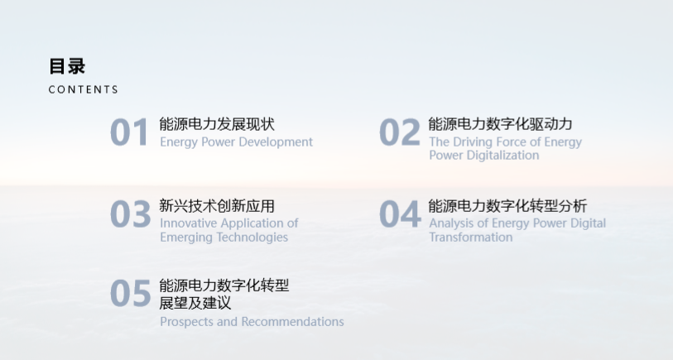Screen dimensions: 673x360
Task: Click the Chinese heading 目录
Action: (67, 66)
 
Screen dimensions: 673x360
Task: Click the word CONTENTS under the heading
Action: (84, 89)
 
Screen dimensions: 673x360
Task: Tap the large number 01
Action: (129, 132)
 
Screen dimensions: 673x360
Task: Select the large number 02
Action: (400, 132)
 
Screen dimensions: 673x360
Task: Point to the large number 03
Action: (131, 214)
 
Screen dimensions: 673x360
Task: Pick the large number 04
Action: (400, 214)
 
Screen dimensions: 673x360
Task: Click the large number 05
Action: (131, 294)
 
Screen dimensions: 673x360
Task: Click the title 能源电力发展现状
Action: (217, 124)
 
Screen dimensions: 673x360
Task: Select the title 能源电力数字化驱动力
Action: (501, 124)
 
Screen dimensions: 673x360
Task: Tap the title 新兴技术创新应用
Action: (217, 206)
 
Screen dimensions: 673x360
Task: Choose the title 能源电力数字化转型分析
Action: (507, 206)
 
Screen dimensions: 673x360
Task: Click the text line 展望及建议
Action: (195, 303)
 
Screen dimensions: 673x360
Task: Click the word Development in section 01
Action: (276, 142)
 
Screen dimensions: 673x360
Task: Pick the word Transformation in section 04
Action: (471, 238)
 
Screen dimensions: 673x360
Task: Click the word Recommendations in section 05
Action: (293, 322)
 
